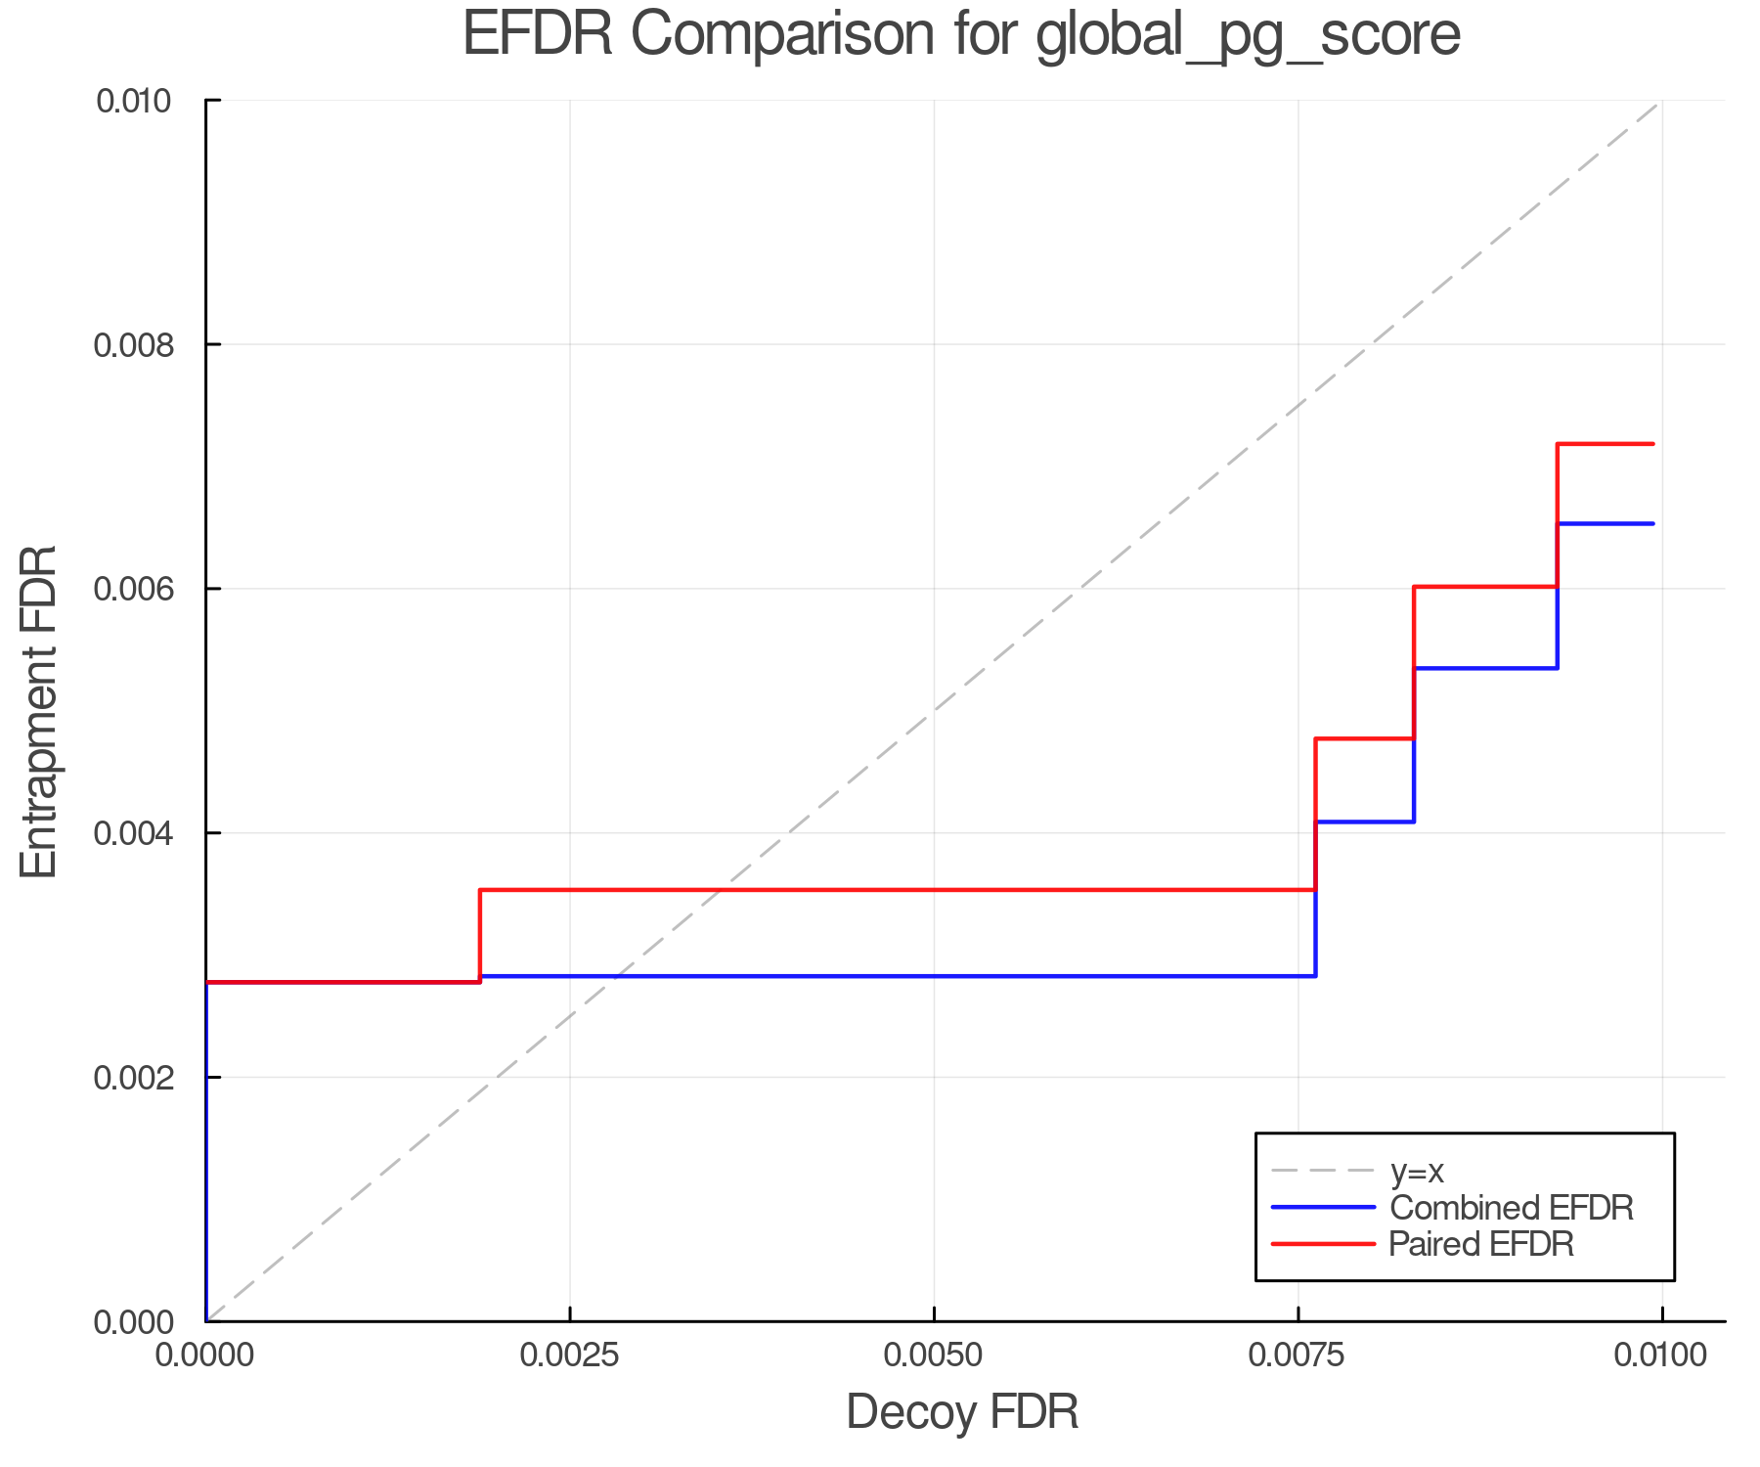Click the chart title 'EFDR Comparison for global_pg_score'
[x=961, y=35]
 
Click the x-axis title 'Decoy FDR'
[x=962, y=1412]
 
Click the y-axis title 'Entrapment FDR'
[x=39, y=711]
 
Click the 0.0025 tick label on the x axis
[x=570, y=1356]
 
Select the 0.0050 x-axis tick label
[x=935, y=1356]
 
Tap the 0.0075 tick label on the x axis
[x=1298, y=1356]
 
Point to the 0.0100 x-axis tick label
[x=1661, y=1356]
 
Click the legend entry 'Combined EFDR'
[x=1511, y=1208]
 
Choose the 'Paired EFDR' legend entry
[x=1481, y=1244]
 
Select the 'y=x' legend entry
[x=1417, y=1171]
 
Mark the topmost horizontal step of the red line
[x=1605, y=444]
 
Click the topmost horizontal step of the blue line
[x=1605, y=524]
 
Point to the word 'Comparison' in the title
[x=772, y=35]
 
